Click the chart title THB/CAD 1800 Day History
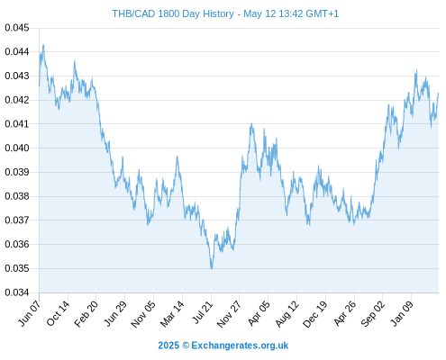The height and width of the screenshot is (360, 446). (173, 13)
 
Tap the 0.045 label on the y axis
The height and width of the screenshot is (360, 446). (17, 28)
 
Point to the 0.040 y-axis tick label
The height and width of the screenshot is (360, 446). (17, 148)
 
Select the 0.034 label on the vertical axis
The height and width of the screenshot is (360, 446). (17, 292)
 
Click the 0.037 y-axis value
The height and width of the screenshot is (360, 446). (17, 220)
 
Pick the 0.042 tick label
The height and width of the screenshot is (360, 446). (17, 100)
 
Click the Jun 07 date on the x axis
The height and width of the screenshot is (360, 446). (30, 313)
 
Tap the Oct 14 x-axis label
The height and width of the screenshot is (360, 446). (58, 313)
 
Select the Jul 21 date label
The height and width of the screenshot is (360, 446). (203, 312)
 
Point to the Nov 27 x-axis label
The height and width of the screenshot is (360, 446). (229, 314)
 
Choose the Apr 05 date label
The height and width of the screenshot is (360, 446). (259, 313)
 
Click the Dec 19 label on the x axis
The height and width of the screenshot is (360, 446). (315, 314)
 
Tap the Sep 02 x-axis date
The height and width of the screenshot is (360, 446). (373, 314)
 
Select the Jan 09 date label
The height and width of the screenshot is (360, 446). (402, 313)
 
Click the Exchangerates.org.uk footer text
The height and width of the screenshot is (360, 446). (240, 346)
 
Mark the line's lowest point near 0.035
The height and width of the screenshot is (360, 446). (212, 269)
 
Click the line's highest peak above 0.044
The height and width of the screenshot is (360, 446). (43, 45)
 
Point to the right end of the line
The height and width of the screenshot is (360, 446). (438, 94)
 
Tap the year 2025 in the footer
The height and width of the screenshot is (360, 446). (168, 346)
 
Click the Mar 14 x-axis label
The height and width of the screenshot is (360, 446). (172, 314)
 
